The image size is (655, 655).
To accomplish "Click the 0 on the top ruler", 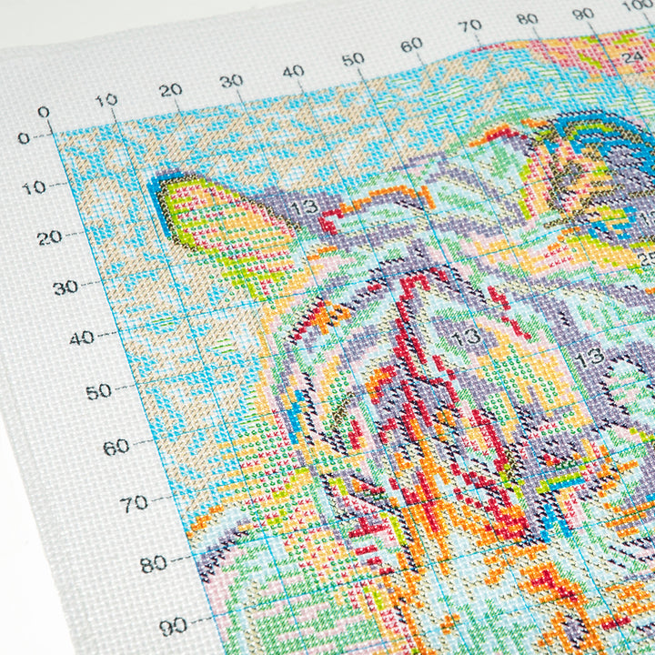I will pos(43,112).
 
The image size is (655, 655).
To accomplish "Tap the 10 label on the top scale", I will pos(106,100).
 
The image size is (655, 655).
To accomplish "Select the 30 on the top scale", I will pos(231,80).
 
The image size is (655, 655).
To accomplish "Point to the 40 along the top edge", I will pos(293,70).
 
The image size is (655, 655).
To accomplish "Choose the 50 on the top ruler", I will pos(353,60).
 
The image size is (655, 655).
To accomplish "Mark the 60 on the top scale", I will pos(411,44).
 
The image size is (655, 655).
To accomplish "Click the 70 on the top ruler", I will pos(470,26).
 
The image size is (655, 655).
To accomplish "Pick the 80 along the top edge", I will pos(527,18).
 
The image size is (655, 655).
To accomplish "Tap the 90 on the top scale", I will pos(583,14).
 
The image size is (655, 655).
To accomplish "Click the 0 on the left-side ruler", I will pos(24,138).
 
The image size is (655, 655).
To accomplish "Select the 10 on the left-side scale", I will pos(34,187).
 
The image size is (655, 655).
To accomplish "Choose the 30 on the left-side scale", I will pos(66,287).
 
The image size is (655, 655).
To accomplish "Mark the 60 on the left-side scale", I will pos(116,447).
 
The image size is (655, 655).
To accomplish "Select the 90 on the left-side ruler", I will pos(173,626).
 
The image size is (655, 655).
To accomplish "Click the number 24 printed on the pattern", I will pos(632,55).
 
